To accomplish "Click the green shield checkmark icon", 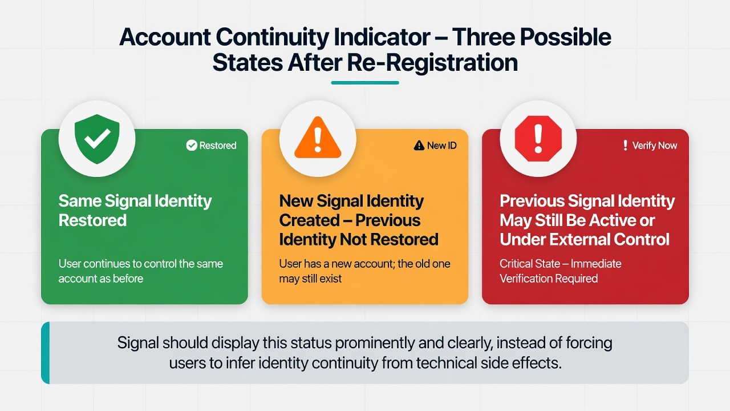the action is pos(97,139).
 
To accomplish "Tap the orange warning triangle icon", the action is pos(318,138).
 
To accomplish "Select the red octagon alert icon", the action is pos(538,139).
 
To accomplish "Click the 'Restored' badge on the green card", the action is pos(211,146).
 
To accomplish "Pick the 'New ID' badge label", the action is pos(435,146).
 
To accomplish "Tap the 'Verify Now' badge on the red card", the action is pos(650,146).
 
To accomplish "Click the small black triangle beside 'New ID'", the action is pos(419,146).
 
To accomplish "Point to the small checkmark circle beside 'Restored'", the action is pos(192,146).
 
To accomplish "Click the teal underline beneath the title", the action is pos(365,83).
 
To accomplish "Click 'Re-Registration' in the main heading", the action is pos(432,63).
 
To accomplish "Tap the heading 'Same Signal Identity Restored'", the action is pos(135,211).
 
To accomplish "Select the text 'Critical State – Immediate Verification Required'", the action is pos(561,271).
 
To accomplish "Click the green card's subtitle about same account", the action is pos(141,271).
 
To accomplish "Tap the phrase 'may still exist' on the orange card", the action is pos(310,279).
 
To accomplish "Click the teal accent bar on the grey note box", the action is pos(46,353).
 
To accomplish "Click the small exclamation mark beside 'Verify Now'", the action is pos(625,146).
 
